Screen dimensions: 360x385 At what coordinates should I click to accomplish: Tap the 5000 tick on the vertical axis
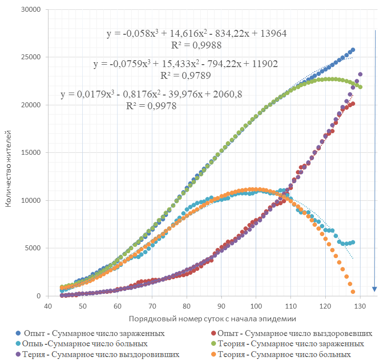(x=33, y=248)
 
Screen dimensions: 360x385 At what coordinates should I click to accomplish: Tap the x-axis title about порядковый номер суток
(x=213, y=319)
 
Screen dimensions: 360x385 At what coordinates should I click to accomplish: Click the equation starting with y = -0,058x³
(x=196, y=34)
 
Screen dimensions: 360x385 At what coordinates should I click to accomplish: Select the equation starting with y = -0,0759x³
(x=186, y=64)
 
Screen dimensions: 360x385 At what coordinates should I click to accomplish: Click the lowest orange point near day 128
(x=353, y=292)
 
